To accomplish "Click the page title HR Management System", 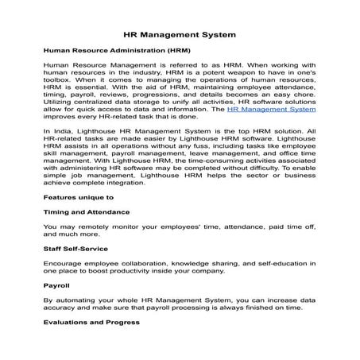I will click(179, 35).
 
